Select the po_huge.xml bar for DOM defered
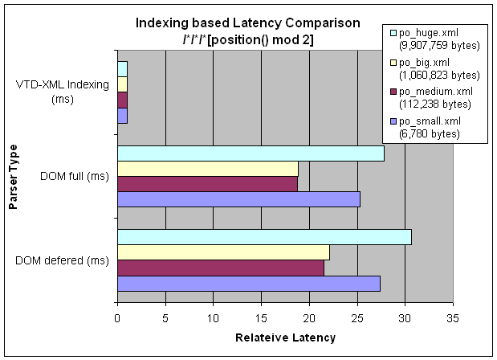pos(264,236)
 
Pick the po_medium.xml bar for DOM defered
pos(221,268)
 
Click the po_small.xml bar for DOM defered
pos(249,283)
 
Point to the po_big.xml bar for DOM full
pos(208,168)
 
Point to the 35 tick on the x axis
pos(453,317)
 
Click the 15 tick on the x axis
pos(261,317)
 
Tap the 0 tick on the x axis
pos(117,317)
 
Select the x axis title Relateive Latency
pos(285,338)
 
